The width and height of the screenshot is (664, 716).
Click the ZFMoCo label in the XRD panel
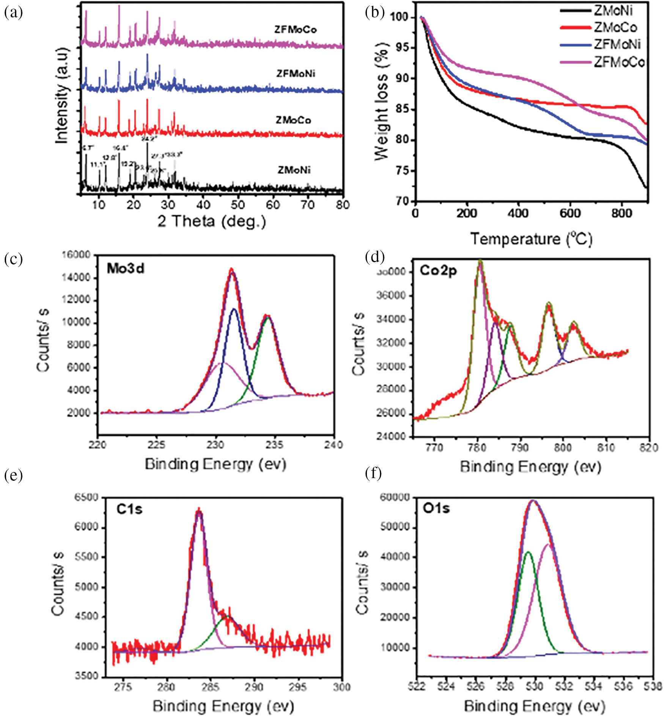296,30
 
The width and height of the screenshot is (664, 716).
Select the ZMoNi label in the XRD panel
294,170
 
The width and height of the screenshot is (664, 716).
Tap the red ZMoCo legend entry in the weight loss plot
615,27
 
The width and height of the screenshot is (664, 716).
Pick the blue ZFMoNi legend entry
617,44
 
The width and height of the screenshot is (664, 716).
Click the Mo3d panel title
126,269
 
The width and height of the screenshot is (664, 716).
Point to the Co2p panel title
438,270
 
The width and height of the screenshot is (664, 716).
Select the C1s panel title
129,509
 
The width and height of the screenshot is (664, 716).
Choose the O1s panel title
436,508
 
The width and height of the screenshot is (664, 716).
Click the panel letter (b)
374,13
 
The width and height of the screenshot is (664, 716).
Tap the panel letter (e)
13,475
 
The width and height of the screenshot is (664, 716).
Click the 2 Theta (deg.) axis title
212,221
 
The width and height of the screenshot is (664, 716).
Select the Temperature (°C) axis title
531,239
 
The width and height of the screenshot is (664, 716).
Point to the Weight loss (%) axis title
381,102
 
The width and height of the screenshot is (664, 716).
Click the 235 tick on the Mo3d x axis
275,444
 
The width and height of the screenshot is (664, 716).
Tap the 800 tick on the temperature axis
622,213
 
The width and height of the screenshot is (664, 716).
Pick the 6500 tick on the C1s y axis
87,497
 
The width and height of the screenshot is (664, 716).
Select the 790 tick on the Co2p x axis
520,448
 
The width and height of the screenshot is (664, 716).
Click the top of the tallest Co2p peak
480,261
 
